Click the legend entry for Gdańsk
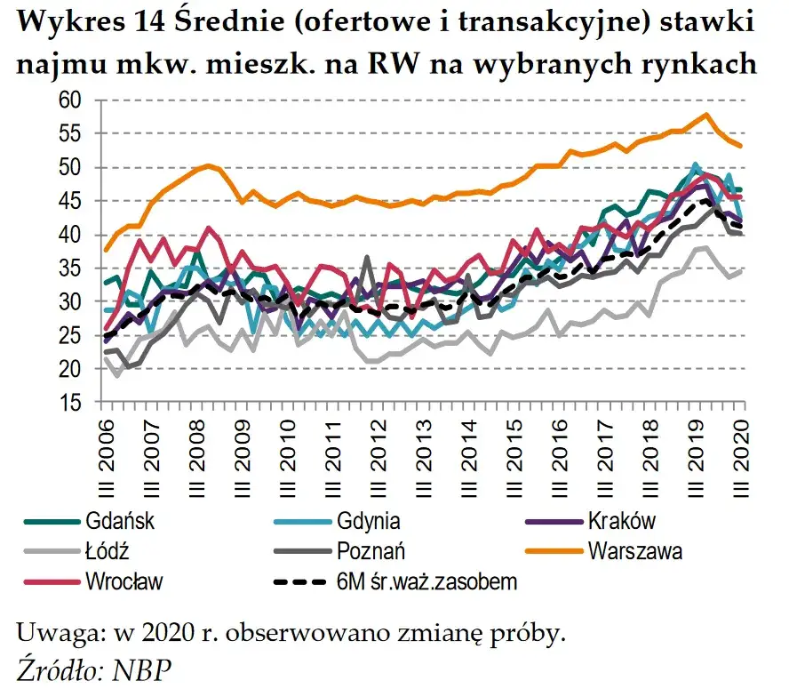tap(121, 520)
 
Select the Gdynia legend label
tap(368, 520)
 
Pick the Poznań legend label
tap(371, 551)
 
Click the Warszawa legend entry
tap(634, 551)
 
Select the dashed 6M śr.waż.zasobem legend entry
tap(427, 582)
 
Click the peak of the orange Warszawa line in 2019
tap(705, 115)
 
